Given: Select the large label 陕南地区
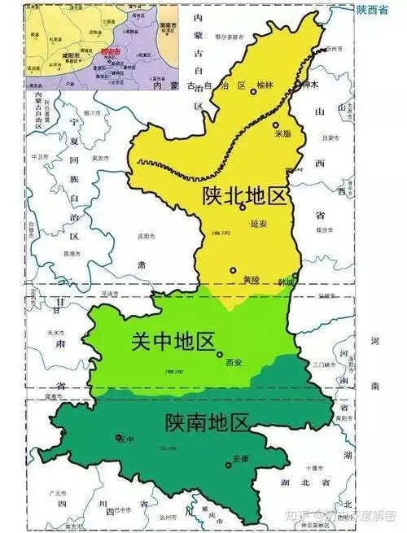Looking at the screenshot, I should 206,422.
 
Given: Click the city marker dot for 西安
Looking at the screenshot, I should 220,354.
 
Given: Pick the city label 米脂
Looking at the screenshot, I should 282,133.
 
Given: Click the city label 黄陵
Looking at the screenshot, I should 251,280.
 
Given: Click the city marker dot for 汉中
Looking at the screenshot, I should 119,438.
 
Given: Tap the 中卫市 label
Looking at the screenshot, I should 38,156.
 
